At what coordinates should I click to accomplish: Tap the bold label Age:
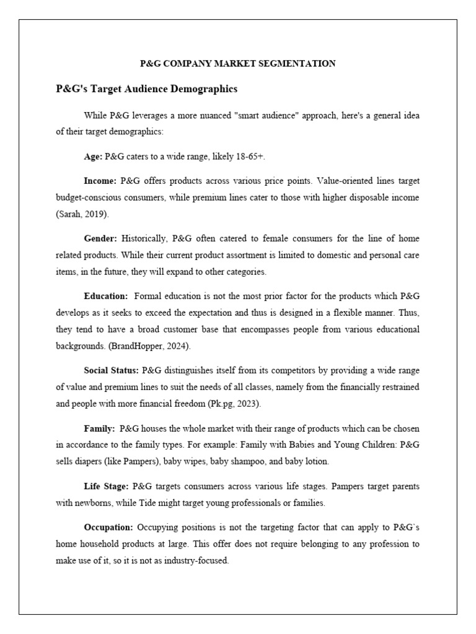pyautogui.click(x=93, y=157)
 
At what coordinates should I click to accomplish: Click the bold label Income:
pyautogui.click(x=100, y=181)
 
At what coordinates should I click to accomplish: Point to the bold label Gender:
pyautogui.click(x=101, y=238)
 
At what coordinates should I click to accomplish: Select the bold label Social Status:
pyautogui.click(x=112, y=370)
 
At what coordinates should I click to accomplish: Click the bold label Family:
pyautogui.click(x=99, y=428)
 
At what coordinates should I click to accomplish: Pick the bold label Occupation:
pyautogui.click(x=108, y=527)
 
